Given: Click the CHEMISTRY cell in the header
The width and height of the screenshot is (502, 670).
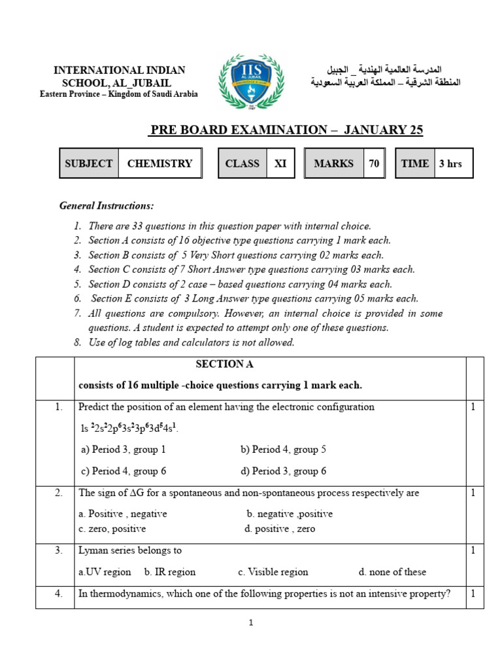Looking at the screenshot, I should pos(159,164).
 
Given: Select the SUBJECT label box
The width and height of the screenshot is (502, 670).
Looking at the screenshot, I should pos(89,164).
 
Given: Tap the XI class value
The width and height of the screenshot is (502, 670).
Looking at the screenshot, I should pos(280,164).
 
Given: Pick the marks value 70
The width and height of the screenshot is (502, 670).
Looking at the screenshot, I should pos(374,164).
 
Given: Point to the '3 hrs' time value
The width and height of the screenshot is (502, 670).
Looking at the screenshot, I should pos(450,164).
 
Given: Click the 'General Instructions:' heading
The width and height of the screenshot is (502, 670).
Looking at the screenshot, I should pos(107,206).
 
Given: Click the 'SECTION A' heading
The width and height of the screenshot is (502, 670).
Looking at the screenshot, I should pos(225,364).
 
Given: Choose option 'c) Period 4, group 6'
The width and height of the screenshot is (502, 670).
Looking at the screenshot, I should pos(123,471).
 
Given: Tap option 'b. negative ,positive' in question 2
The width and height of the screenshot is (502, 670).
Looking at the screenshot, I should pos(290,514).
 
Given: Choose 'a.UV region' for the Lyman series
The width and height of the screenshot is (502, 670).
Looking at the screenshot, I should pos(105,572).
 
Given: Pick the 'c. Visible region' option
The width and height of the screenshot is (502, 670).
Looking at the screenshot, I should pos(273,572).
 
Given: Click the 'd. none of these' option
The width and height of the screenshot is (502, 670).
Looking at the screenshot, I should pos(392,572).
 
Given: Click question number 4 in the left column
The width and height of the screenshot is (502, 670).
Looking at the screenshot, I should pos(59,594).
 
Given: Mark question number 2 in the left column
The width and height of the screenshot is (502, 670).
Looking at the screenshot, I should pos(59,493).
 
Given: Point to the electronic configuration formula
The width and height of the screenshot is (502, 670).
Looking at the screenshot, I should pos(129,428).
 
